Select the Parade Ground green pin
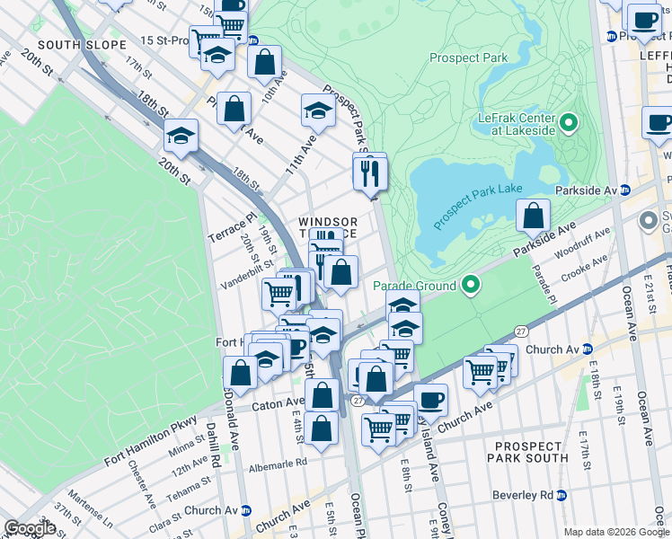(x=471, y=287)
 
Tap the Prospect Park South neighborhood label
(x=527, y=451)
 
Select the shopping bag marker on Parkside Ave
(x=534, y=216)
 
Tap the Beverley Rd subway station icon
(x=561, y=495)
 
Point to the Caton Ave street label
(x=280, y=404)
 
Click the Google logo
(x=30, y=528)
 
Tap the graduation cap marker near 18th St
(x=181, y=136)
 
